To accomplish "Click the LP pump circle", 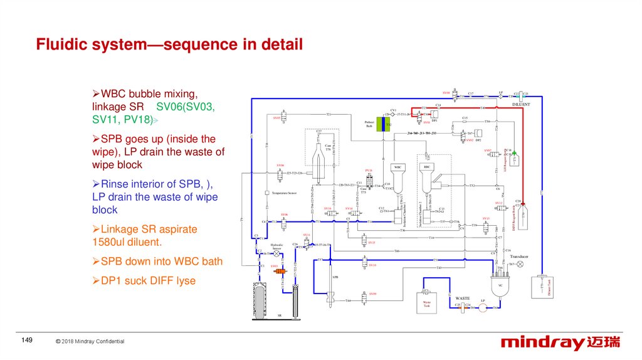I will click(483, 307).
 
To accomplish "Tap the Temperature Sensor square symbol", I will click(266, 193).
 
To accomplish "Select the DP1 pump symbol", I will click(434, 114).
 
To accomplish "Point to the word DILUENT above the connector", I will click(522, 104).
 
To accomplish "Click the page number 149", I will click(26, 340).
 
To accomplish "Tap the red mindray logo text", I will click(542, 342).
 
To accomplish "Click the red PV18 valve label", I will click(369, 170).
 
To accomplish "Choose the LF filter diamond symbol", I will click(501, 97).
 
